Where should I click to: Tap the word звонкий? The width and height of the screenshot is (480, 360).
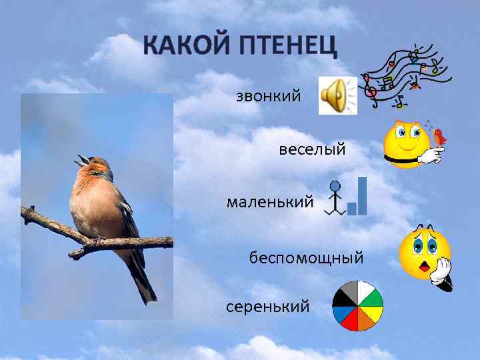click(269, 97)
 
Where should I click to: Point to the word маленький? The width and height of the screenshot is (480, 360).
click(269, 201)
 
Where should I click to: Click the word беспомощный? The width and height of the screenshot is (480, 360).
click(307, 257)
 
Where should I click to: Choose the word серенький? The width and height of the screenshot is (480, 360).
click(268, 307)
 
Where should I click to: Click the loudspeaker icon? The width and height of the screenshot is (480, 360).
click(337, 95)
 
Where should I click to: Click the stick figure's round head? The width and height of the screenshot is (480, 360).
click(336, 187)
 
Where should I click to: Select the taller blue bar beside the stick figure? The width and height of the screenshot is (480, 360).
click(363, 196)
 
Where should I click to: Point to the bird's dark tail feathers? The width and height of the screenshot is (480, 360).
click(144, 279)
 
